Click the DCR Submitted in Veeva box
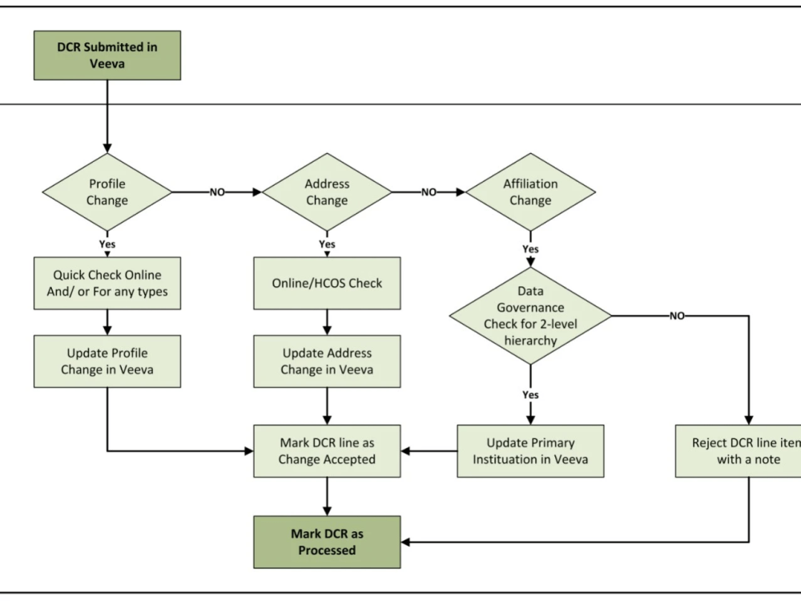(107, 55)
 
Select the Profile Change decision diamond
(107, 192)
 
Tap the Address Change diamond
(327, 192)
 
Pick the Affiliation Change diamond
(530, 192)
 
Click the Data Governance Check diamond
(530, 316)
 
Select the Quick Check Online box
(107, 284)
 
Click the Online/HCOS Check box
(327, 284)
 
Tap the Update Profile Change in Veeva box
(107, 361)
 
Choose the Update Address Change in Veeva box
(327, 361)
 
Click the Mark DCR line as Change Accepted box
(327, 451)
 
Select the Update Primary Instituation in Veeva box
(530, 451)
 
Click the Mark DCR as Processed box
(327, 542)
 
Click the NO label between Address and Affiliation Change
(429, 192)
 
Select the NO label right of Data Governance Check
(677, 316)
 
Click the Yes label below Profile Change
(107, 244)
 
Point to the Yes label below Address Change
(327, 244)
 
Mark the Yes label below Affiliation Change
(530, 249)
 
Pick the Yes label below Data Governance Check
(530, 395)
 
